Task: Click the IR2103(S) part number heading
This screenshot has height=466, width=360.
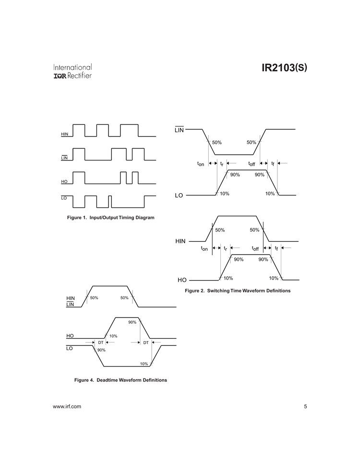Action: point(285,68)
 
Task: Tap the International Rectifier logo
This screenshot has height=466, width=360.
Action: point(73,71)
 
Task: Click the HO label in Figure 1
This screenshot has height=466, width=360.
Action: point(64,182)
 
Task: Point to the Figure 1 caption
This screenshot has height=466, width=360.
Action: point(111,218)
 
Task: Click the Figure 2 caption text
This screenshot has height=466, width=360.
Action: point(238,291)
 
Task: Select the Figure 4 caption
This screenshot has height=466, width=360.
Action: point(120,380)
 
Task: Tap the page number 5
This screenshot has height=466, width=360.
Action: point(305,407)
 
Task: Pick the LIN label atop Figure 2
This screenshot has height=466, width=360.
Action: point(179,130)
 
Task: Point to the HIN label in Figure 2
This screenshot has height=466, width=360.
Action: point(180,241)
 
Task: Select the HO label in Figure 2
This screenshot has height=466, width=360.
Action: point(181,280)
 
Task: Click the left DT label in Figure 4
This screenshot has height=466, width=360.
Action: point(101,343)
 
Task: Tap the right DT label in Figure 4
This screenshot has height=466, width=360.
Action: point(145,343)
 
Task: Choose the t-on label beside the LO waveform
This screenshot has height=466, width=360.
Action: point(201,164)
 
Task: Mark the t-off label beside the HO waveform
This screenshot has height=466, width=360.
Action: point(255,248)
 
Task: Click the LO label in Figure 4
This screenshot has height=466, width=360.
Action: point(70,349)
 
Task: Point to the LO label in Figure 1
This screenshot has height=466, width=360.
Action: point(64,197)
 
